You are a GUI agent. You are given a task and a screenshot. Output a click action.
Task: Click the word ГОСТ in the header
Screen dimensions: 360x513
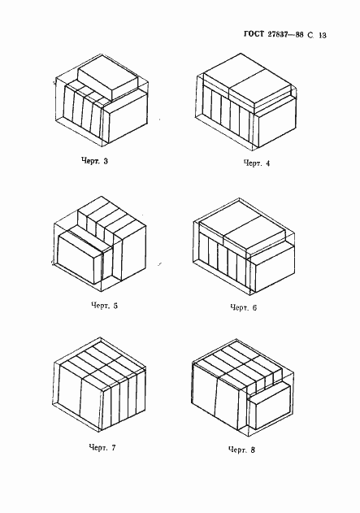tap(254, 34)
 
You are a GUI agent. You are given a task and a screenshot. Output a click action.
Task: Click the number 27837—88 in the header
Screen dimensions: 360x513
tap(285, 34)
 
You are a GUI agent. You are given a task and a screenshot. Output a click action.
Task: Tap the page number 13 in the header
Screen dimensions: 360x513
tap(323, 35)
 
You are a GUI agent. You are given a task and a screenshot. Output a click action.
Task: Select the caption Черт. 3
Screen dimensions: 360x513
tap(94, 161)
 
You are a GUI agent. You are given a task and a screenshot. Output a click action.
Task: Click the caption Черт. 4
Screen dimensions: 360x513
tap(257, 163)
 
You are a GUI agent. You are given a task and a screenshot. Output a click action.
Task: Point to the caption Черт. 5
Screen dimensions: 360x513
tap(104, 306)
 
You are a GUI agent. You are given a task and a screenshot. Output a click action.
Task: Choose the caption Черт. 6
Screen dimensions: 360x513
tap(244, 307)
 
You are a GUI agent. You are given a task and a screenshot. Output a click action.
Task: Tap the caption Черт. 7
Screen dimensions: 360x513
tap(102, 447)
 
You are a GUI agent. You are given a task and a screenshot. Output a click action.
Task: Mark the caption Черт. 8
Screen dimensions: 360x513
tap(241, 450)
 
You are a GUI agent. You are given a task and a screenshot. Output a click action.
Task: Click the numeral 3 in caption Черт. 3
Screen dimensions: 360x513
tap(106, 161)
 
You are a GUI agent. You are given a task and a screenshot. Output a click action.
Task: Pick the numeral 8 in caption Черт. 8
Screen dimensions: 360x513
tap(253, 450)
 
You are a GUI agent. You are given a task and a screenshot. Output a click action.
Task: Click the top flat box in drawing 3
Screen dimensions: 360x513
tap(107, 78)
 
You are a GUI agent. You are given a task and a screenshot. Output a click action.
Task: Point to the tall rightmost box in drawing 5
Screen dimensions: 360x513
tap(129, 253)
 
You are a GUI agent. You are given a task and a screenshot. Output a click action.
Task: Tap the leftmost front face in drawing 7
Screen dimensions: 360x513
tap(69, 390)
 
